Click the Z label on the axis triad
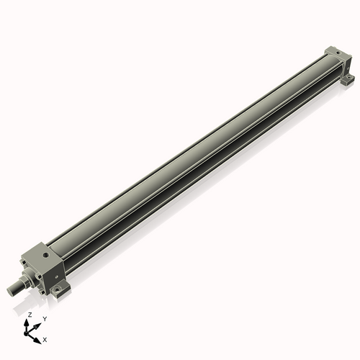click(30, 315)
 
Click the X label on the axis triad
click(45, 338)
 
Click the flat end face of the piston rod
click(11, 290)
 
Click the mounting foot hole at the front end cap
click(60, 291)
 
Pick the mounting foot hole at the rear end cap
click(349, 78)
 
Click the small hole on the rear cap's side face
click(344, 65)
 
